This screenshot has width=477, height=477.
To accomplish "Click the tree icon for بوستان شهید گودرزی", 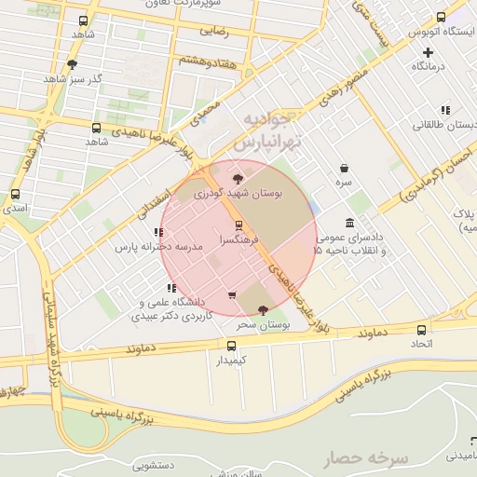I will [238, 178].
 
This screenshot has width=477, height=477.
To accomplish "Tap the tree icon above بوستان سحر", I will [260, 309].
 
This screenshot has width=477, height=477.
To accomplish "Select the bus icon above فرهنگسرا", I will [238, 225].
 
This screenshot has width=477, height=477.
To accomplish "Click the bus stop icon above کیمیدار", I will [233, 345].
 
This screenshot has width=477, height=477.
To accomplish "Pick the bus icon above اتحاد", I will [422, 331].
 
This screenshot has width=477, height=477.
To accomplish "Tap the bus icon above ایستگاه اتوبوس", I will [441, 18].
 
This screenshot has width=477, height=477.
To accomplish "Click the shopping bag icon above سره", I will [345, 169].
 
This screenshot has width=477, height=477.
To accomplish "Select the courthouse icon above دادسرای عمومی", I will [349, 223].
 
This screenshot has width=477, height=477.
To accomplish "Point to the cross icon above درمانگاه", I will [428, 52].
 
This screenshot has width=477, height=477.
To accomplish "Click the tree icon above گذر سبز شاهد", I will [72, 64].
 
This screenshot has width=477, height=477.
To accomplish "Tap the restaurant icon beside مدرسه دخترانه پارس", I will [157, 233].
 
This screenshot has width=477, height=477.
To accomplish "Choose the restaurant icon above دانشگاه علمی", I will [171, 288].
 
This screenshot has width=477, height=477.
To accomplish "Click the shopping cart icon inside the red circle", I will [231, 295].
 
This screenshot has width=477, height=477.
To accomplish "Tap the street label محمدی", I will [206, 114].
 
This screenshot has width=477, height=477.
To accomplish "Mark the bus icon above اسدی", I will [15, 195].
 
